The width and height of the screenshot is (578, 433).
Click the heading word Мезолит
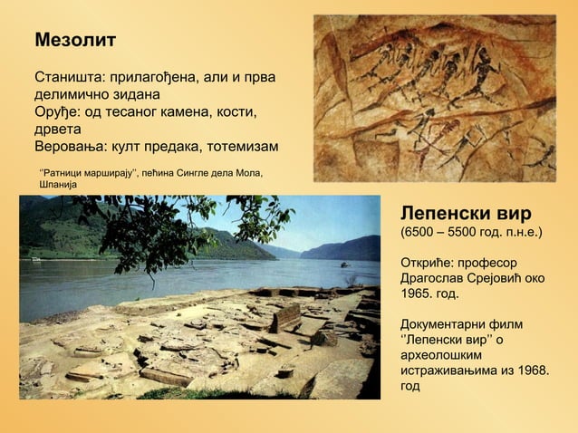(75, 42)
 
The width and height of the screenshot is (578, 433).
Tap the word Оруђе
(58, 111)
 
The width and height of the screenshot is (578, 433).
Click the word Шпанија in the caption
(59, 184)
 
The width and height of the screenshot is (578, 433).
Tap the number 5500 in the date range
(468, 234)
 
